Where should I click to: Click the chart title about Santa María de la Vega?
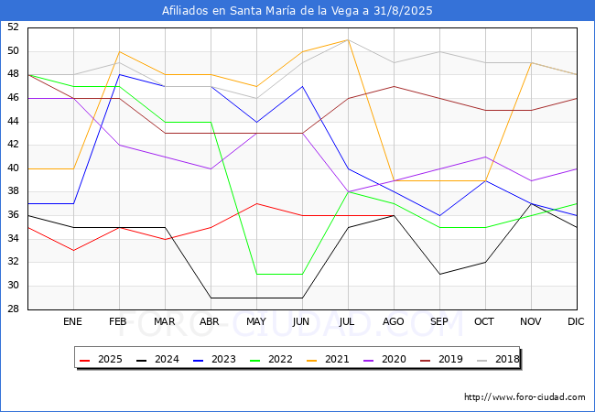297,11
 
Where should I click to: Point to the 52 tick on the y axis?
14,27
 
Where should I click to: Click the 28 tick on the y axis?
14,309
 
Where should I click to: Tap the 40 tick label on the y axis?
14,168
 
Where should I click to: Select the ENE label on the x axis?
73,322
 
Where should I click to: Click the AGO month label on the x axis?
394,322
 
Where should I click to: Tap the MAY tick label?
256,322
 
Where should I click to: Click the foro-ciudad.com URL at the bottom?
525,397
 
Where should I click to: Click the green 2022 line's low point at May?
256,274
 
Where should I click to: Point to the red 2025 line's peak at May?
256,203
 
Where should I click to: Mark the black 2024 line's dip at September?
439,274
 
